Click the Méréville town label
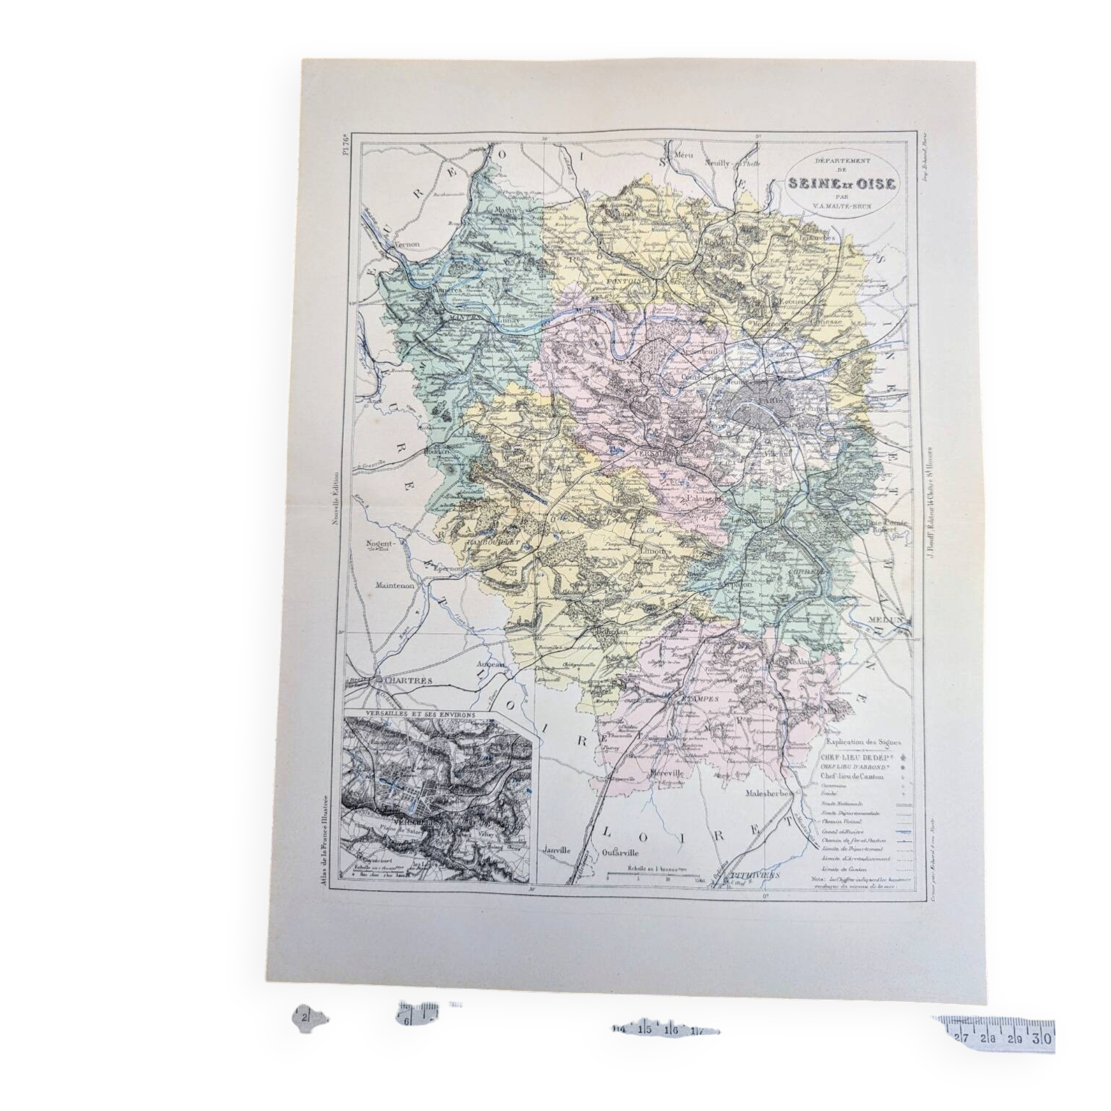(667, 774)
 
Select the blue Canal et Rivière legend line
(905, 832)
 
